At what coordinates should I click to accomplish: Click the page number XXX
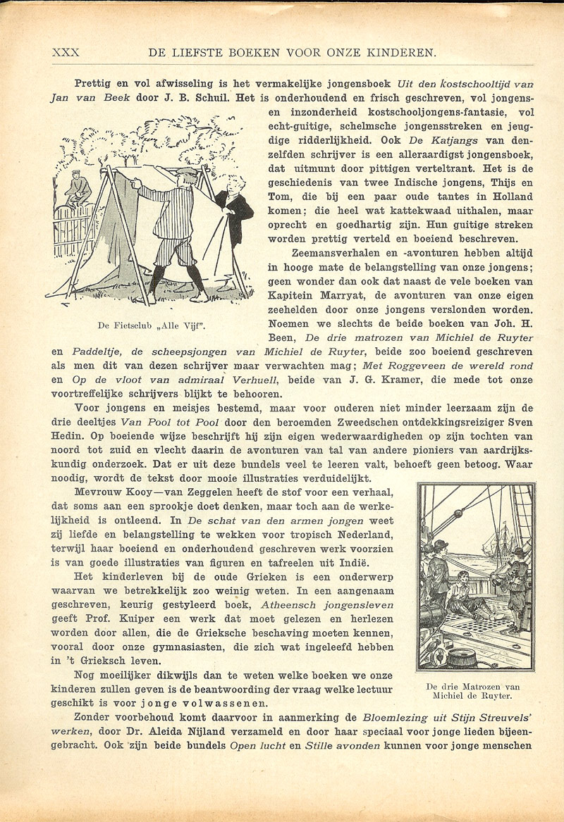pyautogui.click(x=66, y=51)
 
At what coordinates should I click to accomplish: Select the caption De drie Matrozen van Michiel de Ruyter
pyautogui.click(x=473, y=691)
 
